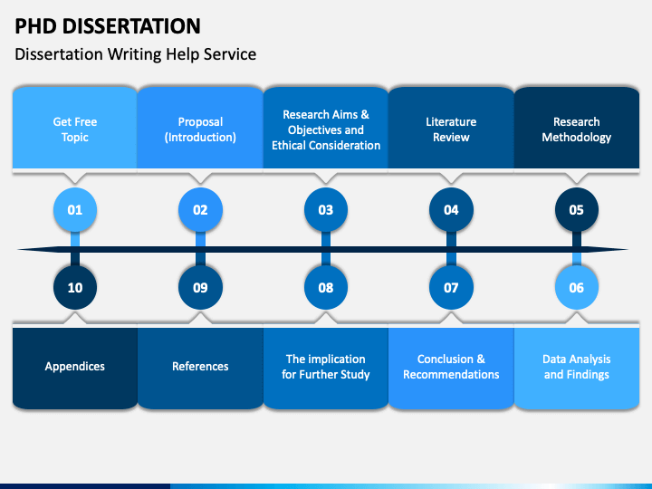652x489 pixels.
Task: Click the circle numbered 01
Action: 75,209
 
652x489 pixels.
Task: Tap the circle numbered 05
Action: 576,209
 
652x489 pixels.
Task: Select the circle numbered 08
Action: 326,287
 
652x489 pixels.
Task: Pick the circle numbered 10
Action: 75,287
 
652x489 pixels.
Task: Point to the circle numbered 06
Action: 576,287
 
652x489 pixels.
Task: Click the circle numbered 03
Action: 326,209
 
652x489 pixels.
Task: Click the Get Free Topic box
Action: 75,128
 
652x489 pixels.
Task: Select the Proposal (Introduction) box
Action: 200,128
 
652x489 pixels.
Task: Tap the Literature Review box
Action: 451,128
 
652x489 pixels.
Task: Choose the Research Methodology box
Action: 577,128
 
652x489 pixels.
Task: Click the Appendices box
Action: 75,368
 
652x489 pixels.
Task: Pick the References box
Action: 200,368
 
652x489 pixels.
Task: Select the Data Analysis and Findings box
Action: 577,368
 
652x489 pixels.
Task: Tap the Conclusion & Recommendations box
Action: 451,368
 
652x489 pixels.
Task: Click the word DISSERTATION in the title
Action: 131,26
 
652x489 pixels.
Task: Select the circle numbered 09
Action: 200,287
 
